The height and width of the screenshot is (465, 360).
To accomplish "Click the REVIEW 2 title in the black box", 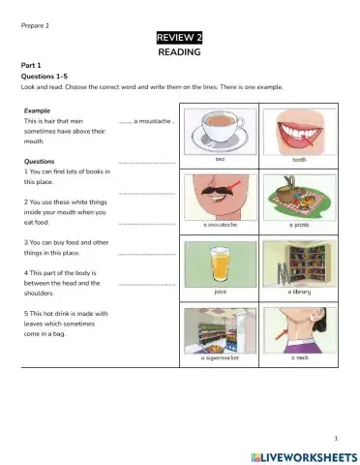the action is pyautogui.click(x=179, y=38).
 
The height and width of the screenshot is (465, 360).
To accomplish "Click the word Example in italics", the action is pyautogui.click(x=38, y=110).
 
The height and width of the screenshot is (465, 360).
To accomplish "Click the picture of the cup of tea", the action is pyautogui.click(x=220, y=127).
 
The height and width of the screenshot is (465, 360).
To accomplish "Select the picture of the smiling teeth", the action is pyautogui.click(x=300, y=127).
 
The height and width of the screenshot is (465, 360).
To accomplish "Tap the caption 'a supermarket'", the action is pyautogui.click(x=220, y=357).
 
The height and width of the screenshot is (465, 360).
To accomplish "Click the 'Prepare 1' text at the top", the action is pyautogui.click(x=35, y=23).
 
